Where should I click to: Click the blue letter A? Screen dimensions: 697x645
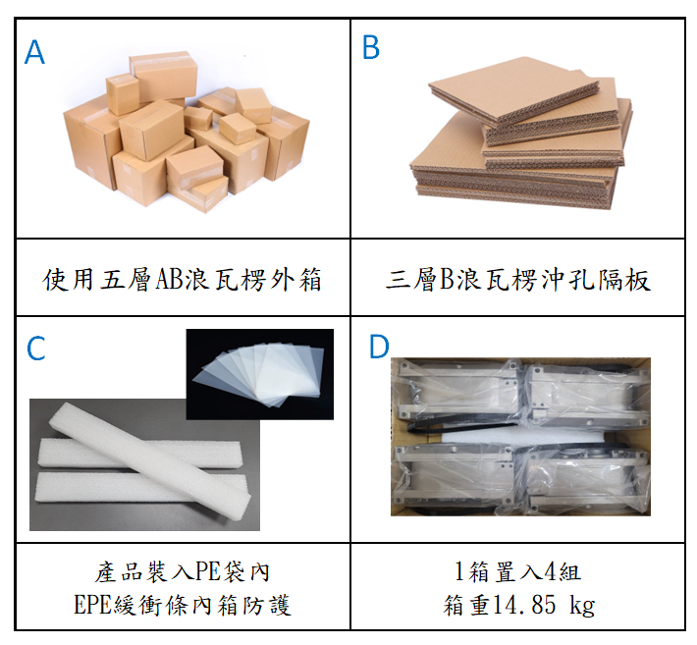click(x=34, y=52)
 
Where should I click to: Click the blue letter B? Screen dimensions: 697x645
click(x=371, y=47)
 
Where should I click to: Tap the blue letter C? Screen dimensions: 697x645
click(x=36, y=349)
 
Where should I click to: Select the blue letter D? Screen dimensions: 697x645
click(x=379, y=347)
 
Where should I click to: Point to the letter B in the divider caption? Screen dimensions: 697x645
click(x=448, y=280)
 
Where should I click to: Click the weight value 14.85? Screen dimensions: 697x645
click(x=525, y=605)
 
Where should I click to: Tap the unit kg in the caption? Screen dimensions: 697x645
click(x=582, y=606)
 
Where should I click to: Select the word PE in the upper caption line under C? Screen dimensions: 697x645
click(x=208, y=571)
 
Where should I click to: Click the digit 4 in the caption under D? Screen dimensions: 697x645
click(x=551, y=571)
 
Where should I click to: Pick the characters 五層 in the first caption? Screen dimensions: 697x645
click(x=127, y=280)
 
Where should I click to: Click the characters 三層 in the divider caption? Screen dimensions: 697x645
click(x=411, y=280)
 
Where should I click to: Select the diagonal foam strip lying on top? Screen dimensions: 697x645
click(x=150, y=454)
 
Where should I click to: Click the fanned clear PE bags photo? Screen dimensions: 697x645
click(x=259, y=374)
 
